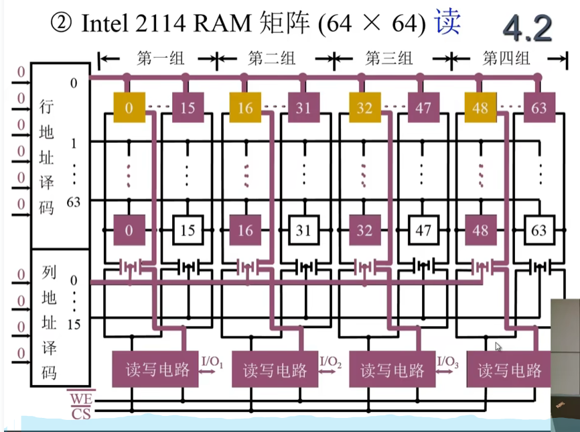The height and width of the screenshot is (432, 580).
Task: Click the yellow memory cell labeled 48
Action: click(x=480, y=107)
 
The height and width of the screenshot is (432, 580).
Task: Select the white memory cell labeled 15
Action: click(x=188, y=230)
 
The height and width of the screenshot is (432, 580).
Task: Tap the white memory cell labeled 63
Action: click(x=539, y=230)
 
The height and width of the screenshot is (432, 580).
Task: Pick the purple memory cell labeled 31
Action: click(x=304, y=107)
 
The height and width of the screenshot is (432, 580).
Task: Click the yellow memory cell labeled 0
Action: click(x=129, y=107)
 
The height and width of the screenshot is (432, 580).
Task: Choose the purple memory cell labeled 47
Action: click(x=423, y=107)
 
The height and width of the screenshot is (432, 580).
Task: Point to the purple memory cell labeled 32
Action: click(x=364, y=230)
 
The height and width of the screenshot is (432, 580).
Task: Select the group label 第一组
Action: click(x=160, y=59)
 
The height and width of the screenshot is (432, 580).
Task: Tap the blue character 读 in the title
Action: click(x=447, y=25)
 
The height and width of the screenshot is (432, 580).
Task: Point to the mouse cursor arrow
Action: click(x=498, y=347)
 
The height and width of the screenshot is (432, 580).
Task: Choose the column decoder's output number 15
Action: click(x=73, y=324)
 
